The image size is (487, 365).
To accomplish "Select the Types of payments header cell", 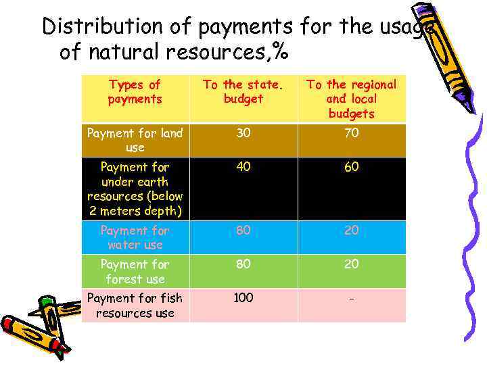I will pos(135,92).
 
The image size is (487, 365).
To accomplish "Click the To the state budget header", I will pos(243,92).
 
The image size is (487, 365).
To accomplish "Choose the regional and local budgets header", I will pos(351,99).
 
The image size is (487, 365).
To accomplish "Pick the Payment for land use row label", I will pos(135,140).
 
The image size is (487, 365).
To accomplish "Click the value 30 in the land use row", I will pos(243,133).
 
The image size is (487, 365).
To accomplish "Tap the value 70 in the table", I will pos(351,133).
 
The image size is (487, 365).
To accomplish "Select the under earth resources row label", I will pos(135,189).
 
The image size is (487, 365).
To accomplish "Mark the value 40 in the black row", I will pos(243,166).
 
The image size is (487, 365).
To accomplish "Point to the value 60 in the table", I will pos(351,166).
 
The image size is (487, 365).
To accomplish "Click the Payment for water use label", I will pos(135,237).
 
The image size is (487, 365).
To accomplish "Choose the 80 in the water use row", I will pos(243,230).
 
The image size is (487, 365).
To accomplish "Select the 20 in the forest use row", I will pos(351,264).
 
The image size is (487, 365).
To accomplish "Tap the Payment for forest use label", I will pos(135,271).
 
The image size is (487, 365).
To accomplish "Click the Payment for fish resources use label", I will pos(135,305).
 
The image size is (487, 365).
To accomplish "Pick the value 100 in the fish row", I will pos(243,298).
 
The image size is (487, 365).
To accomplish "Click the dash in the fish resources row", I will pos(351,299).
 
